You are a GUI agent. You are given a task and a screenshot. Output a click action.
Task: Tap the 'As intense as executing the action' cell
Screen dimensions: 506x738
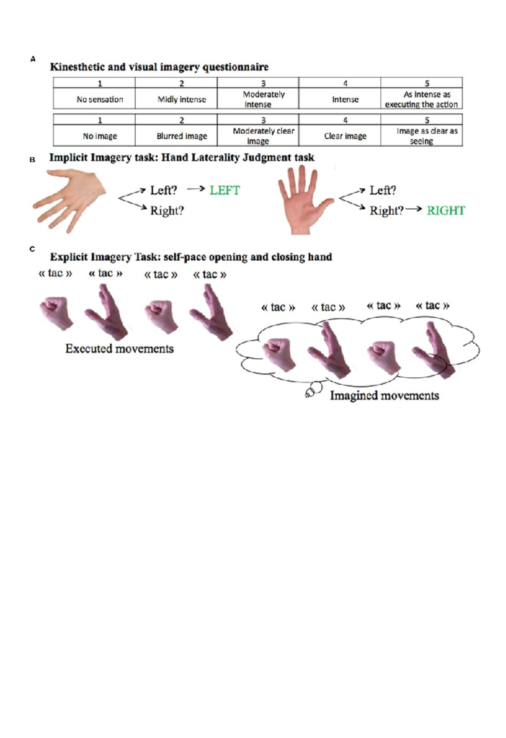click(422, 99)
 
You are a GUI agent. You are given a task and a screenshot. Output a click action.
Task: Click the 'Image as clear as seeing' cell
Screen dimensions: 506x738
click(422, 136)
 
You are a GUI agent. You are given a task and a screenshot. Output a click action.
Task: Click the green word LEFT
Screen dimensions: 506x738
click(225, 190)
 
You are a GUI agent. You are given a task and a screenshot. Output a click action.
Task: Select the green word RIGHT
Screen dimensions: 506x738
click(446, 211)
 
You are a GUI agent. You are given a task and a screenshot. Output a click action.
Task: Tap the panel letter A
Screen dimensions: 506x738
click(33, 59)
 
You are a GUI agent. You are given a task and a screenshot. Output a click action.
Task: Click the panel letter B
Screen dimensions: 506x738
click(32, 160)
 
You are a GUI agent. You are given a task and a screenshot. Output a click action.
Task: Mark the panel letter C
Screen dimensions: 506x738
click(32, 249)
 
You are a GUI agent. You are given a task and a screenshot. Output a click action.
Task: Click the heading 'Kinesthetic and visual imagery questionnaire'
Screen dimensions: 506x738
click(159, 67)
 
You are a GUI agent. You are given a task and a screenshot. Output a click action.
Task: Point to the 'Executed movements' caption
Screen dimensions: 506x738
click(119, 349)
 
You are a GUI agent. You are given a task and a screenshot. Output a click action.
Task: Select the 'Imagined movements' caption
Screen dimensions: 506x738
click(384, 395)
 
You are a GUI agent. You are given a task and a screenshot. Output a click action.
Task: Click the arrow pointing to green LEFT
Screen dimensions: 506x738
click(196, 189)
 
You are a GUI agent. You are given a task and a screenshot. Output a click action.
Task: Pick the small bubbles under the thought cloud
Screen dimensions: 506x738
click(313, 390)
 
